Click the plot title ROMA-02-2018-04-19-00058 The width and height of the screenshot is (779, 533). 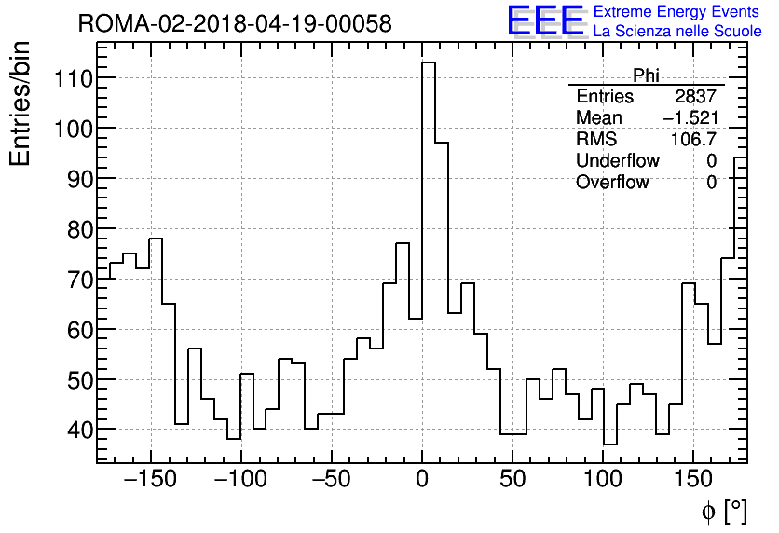click(x=235, y=23)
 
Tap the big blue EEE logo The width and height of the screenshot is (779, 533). click(x=545, y=21)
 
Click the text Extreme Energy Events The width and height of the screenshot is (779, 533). click(x=677, y=12)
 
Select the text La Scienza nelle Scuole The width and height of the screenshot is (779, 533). click(x=677, y=32)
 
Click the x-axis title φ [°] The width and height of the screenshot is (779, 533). click(x=723, y=511)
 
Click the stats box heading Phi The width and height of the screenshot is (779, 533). click(x=646, y=75)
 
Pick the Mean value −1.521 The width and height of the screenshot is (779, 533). click(x=690, y=118)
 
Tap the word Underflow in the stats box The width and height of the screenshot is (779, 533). click(x=617, y=161)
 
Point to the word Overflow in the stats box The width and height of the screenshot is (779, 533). click(x=612, y=183)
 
